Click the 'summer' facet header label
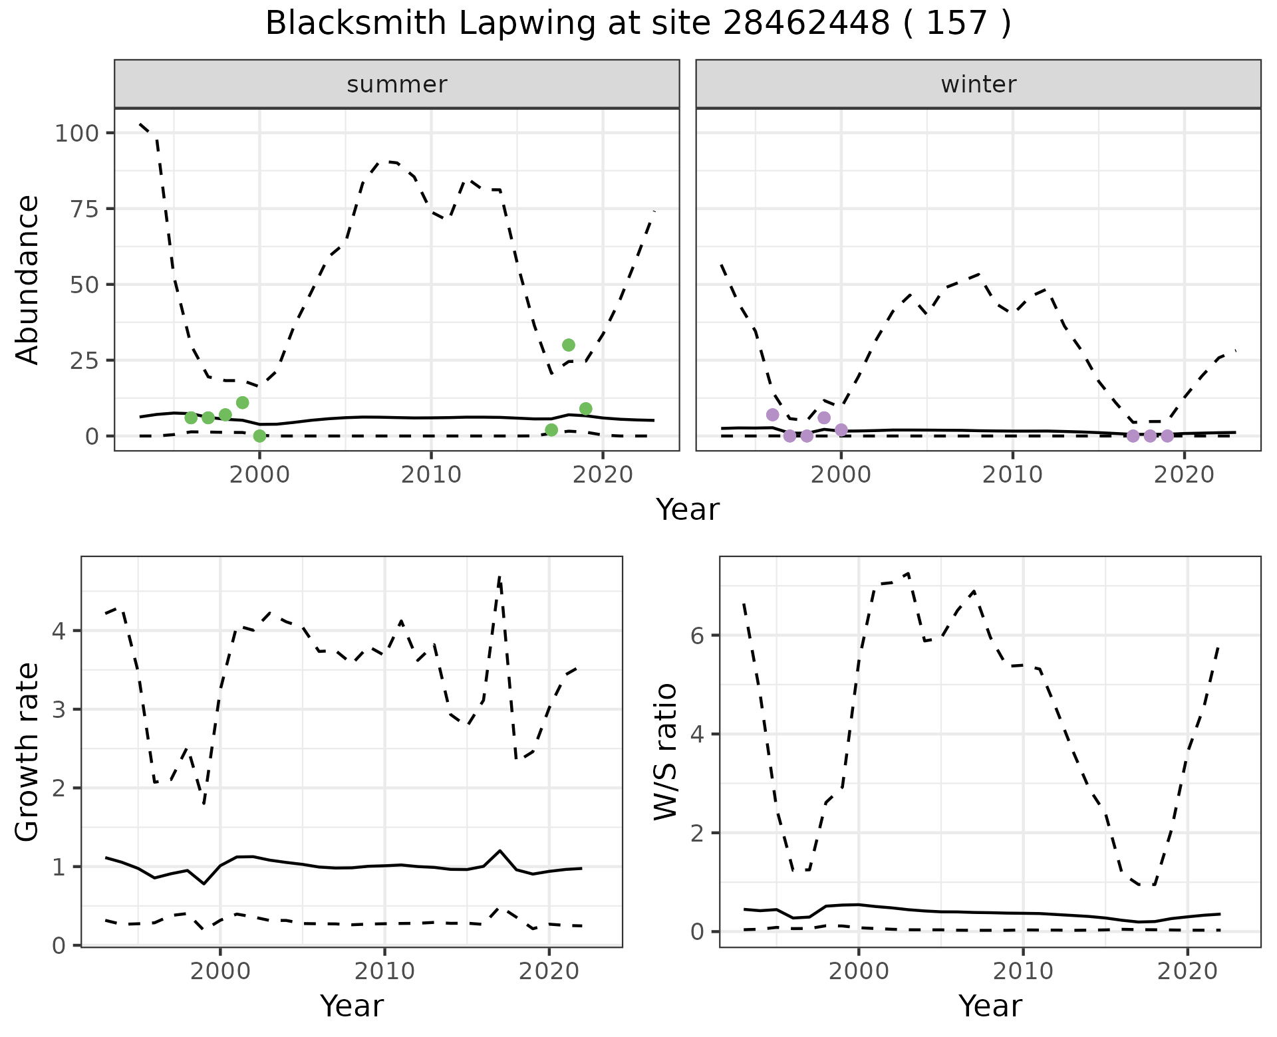coord(397,84)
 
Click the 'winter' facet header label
coord(978,84)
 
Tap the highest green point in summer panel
coord(568,345)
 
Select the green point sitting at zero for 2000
coord(259,436)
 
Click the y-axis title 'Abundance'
coord(28,280)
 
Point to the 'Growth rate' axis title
coord(28,752)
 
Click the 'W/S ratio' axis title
coord(666,752)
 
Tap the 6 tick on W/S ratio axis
coord(696,635)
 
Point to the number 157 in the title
coord(956,24)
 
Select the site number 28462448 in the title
coord(806,24)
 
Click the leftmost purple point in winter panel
coord(772,415)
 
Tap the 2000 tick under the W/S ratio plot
coord(859,971)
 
